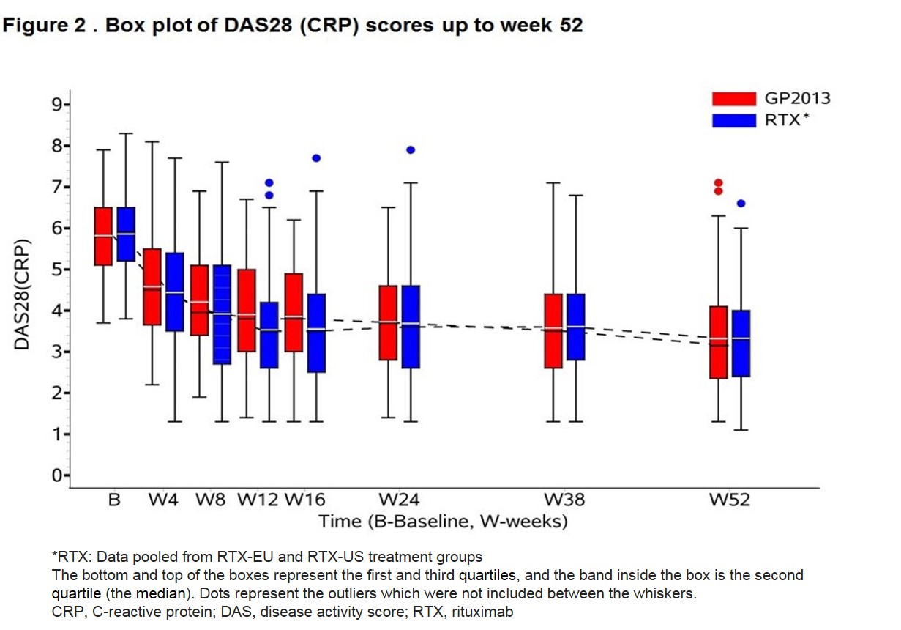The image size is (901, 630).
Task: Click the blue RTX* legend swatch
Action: [x=733, y=119]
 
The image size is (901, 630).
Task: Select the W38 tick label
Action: [x=564, y=501]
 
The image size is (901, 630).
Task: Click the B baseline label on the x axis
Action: [x=114, y=501]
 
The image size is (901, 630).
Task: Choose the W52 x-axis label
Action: [x=729, y=501]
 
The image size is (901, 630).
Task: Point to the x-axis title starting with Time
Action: [x=443, y=522]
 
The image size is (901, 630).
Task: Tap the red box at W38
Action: [x=553, y=331]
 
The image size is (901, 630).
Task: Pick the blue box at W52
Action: [x=741, y=343]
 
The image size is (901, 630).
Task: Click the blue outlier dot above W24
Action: [x=411, y=149]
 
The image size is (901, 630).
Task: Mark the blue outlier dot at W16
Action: [x=316, y=157]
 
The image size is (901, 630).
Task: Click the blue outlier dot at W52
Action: [x=741, y=204]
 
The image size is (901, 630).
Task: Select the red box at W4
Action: [x=152, y=286]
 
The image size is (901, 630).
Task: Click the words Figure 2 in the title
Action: [x=45, y=25]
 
